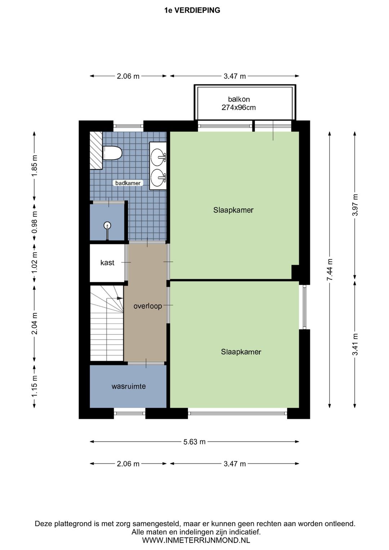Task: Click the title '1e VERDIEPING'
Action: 192,10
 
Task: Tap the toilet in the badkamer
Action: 112,153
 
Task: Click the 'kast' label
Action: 107,263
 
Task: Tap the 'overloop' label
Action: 148,306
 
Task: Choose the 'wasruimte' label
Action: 129,386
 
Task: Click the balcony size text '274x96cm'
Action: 238,107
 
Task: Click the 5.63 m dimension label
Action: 194,442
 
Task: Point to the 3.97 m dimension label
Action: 355,205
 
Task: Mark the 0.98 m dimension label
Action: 35,222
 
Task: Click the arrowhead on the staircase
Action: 120,298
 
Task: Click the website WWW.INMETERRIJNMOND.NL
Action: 196,540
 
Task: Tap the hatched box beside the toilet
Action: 96,150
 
